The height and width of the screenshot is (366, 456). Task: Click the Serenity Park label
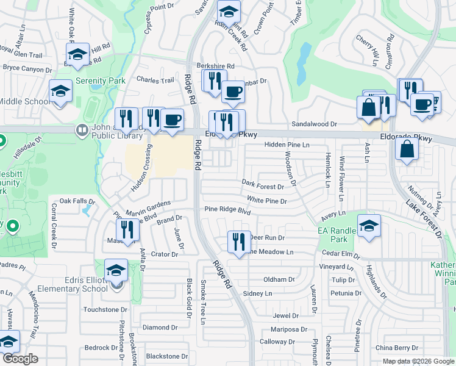tap(100, 81)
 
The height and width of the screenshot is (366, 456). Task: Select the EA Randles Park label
tap(336, 235)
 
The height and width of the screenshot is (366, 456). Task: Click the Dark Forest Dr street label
tap(263, 183)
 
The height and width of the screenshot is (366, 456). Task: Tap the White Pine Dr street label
tap(266, 200)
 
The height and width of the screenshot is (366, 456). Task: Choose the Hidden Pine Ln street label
tap(287, 145)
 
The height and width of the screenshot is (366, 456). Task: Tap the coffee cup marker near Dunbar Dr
tap(233, 91)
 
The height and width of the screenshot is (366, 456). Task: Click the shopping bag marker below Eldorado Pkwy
tap(406, 149)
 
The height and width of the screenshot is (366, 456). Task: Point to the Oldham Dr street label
tap(279, 279)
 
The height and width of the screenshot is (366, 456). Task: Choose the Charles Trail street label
tap(155, 80)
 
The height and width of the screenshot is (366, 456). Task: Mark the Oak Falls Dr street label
tap(77, 201)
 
